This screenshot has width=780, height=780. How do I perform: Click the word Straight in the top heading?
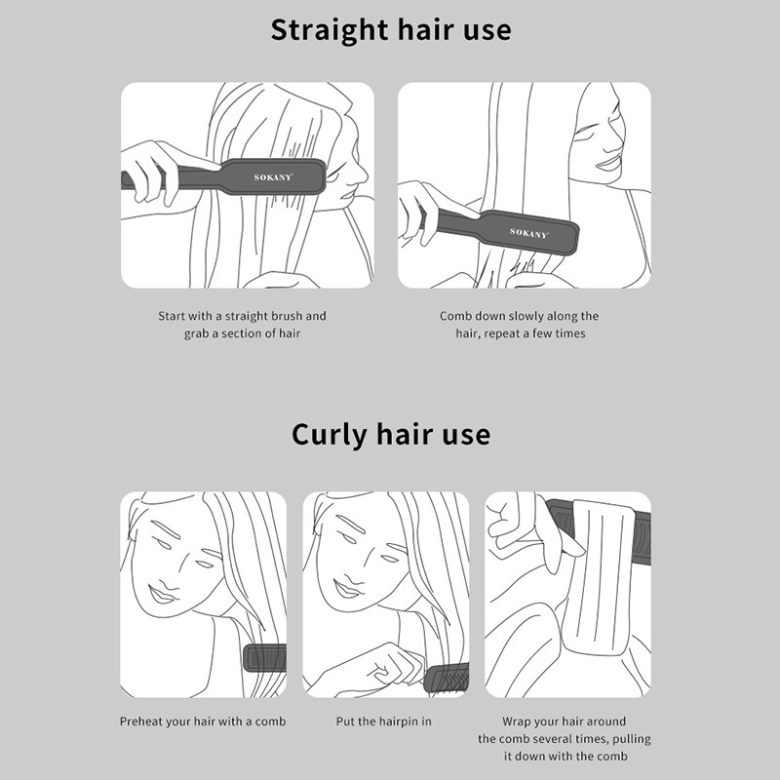330,31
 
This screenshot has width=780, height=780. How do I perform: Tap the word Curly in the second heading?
329,435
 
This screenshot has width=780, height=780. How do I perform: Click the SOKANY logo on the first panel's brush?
273,177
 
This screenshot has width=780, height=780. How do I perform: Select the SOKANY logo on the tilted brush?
528,233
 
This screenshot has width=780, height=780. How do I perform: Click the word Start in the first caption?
172,316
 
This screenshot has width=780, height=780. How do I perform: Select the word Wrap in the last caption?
516,721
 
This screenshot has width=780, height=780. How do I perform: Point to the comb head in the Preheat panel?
264,658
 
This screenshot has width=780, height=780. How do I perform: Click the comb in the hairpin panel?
447,678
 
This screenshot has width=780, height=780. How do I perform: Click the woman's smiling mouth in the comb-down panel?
608,163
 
